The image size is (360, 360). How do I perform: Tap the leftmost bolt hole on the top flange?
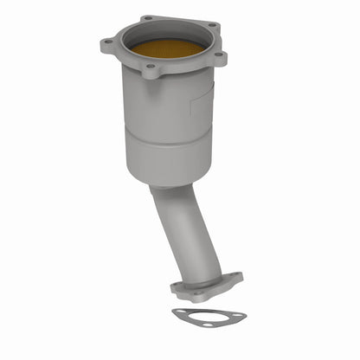107,42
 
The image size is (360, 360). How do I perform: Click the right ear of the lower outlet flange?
235,280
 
